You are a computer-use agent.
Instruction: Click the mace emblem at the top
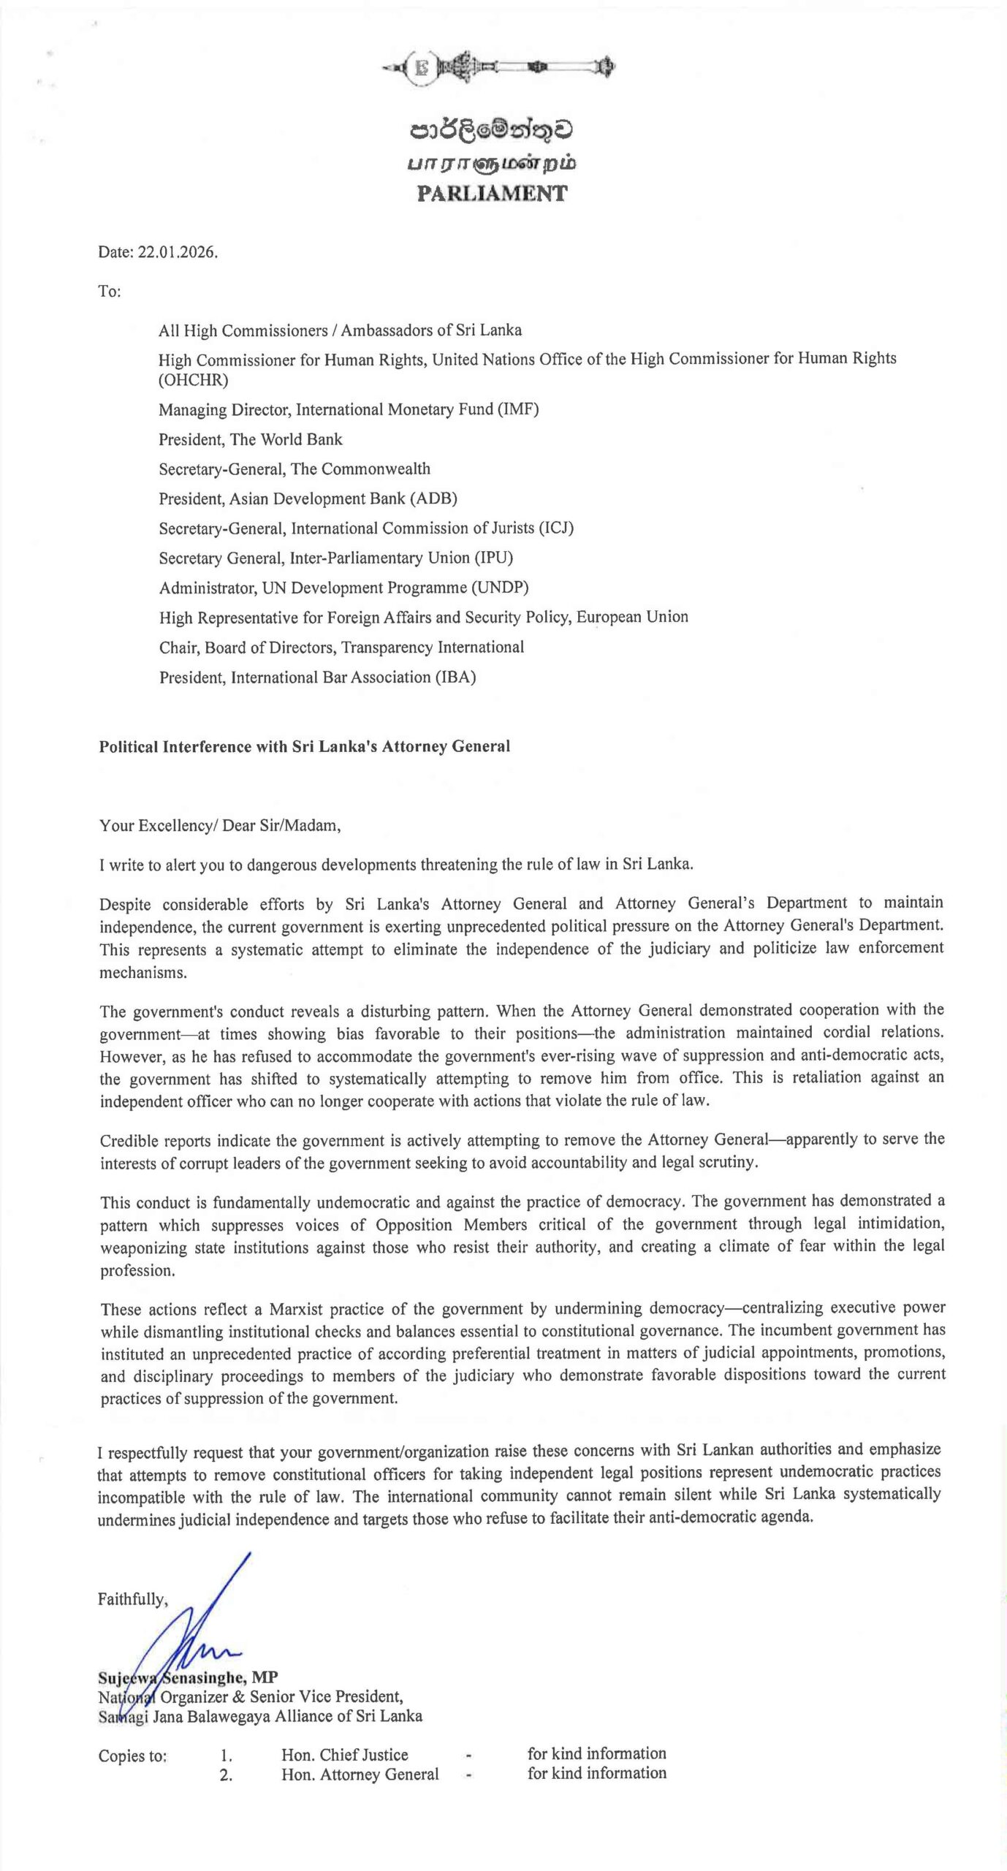click(498, 69)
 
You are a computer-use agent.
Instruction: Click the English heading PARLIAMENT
click(492, 194)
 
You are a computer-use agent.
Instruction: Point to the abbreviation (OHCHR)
click(194, 380)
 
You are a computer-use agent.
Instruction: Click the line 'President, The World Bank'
click(251, 439)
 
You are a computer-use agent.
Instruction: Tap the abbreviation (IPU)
click(494, 558)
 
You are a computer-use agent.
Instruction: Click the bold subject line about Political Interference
click(305, 746)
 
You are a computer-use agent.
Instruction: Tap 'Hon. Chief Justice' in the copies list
click(345, 1755)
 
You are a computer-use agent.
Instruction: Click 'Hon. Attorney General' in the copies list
click(360, 1774)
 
